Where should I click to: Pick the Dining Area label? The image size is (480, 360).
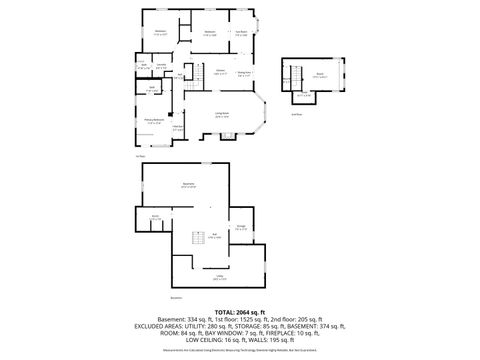point(243,72)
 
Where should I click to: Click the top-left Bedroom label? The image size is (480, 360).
point(160,32)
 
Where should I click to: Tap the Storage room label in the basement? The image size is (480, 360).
point(241,228)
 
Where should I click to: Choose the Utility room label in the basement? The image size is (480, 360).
point(219,277)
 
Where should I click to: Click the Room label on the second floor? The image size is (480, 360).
point(319,74)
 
